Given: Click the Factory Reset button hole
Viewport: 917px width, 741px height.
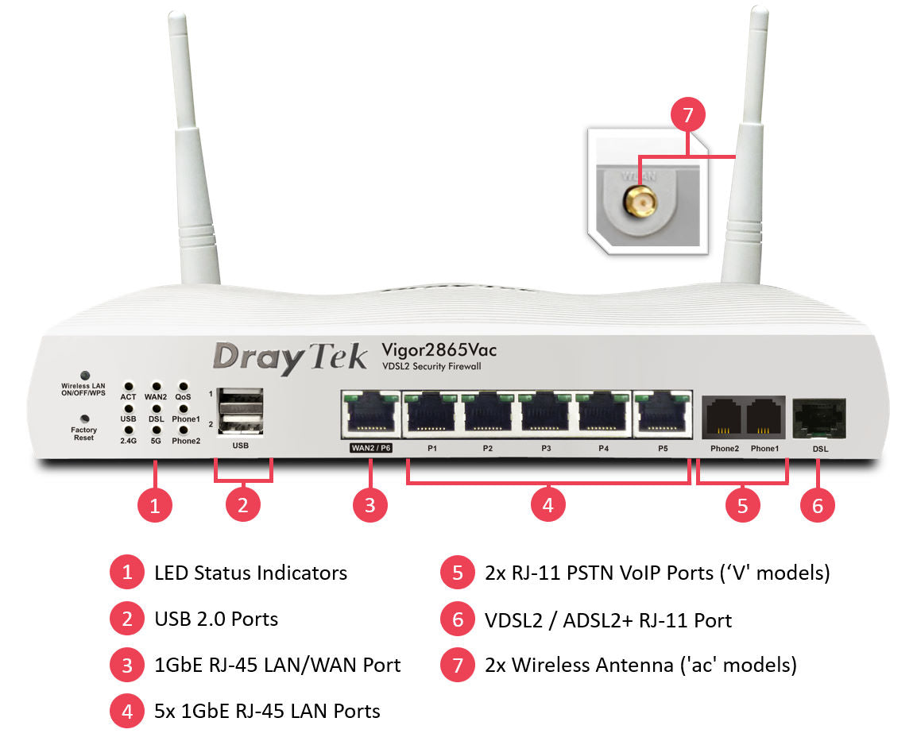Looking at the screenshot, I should pyautogui.click(x=83, y=419).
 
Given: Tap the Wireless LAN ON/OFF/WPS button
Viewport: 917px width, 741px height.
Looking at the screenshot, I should pyautogui.click(x=83, y=374).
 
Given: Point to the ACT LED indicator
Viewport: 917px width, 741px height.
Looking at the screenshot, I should pyautogui.click(x=129, y=385).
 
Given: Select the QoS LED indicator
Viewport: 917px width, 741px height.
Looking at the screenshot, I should pyautogui.click(x=184, y=385).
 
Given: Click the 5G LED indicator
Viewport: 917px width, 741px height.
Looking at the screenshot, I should pyautogui.click(x=157, y=430).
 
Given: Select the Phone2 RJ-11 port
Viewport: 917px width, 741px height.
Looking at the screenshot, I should pyautogui.click(x=723, y=416).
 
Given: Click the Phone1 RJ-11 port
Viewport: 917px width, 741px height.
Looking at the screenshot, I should pyautogui.click(x=764, y=416).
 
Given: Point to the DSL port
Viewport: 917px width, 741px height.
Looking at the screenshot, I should pyautogui.click(x=818, y=418).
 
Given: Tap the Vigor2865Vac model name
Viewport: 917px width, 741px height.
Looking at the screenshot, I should pyautogui.click(x=439, y=349).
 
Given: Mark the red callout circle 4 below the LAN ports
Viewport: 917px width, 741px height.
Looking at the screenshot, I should pyautogui.click(x=547, y=504).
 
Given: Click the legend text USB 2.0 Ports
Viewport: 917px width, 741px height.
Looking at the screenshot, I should pyautogui.click(x=216, y=619).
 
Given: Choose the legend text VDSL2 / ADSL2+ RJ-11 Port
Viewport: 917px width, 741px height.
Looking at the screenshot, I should pyautogui.click(x=608, y=619).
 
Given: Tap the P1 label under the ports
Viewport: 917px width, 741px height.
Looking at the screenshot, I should pyautogui.click(x=431, y=449).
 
